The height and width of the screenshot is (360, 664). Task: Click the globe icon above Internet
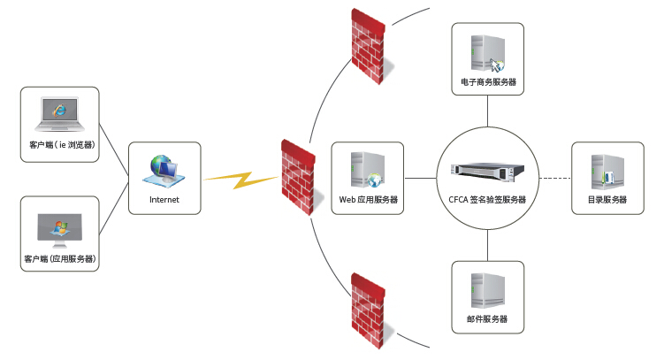click(164, 170)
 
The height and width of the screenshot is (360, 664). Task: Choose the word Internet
click(164, 200)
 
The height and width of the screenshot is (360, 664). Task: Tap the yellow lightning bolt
click(240, 180)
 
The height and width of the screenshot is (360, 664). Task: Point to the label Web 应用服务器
click(368, 200)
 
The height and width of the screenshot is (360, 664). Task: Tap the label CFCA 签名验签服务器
click(487, 200)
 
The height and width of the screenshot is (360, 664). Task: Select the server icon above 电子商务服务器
click(487, 53)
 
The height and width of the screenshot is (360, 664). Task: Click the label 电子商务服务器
click(488, 82)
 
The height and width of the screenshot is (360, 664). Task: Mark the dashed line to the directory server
click(554, 179)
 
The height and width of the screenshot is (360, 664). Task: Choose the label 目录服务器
click(607, 200)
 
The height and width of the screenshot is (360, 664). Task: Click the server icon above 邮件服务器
click(488, 290)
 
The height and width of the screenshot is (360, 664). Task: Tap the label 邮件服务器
click(488, 319)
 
